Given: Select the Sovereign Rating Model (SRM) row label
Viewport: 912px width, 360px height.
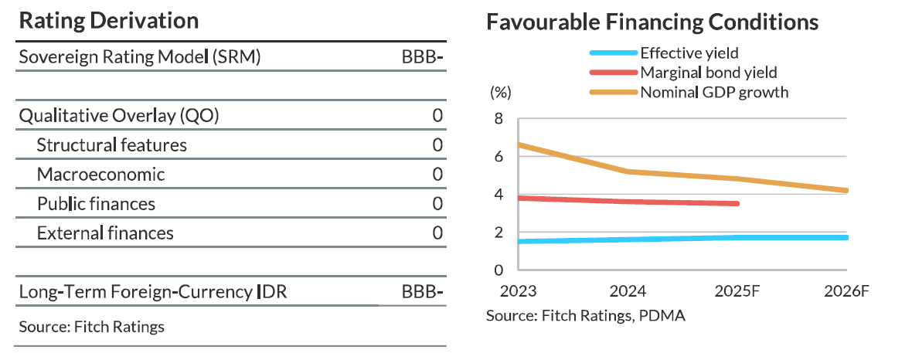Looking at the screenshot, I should coord(139,57).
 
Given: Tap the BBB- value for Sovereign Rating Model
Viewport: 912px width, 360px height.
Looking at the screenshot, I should coord(422,57).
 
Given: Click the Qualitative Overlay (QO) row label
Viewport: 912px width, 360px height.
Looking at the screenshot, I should coord(119,116).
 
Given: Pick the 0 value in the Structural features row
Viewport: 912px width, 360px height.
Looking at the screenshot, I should coord(437,145).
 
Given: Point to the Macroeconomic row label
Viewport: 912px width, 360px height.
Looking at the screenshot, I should coord(100,174).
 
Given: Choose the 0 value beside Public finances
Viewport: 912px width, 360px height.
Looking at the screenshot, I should coord(437,204).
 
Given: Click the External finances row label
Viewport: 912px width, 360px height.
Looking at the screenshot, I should coord(105,233).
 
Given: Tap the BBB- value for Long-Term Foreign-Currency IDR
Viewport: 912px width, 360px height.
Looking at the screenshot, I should coord(422,292).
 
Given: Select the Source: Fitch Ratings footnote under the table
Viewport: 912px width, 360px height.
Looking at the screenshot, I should coord(92,326).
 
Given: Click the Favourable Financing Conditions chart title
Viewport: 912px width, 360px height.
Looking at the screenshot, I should coord(652,23).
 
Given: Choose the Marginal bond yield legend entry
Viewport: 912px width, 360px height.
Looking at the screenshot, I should coord(708,73).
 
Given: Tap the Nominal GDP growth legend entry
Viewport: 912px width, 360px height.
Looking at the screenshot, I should coord(713,93).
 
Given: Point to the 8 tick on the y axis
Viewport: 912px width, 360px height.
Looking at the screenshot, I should coord(499,119).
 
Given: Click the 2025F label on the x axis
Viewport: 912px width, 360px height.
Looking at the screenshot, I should coord(738,293).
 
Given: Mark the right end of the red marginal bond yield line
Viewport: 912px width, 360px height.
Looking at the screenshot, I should coord(737,203).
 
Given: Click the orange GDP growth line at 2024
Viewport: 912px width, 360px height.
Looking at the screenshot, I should coord(628,172).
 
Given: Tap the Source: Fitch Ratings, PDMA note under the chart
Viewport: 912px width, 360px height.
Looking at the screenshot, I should coord(586,315).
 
